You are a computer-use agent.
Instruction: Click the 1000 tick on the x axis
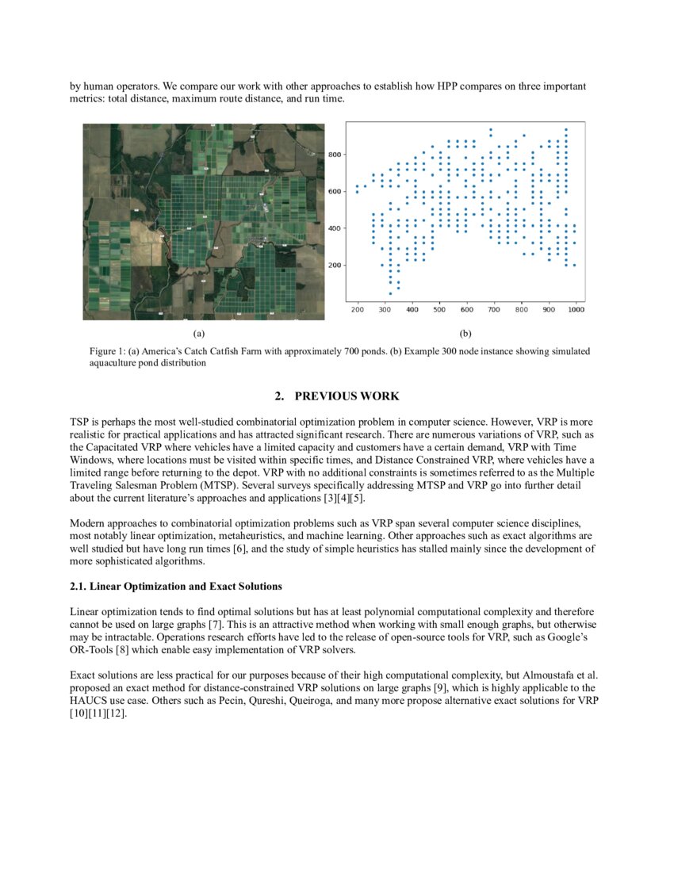pyautogui.click(x=576, y=309)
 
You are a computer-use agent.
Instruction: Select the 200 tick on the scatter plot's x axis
pyautogui.click(x=358, y=309)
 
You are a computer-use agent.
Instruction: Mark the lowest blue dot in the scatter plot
pyautogui.click(x=390, y=293)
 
